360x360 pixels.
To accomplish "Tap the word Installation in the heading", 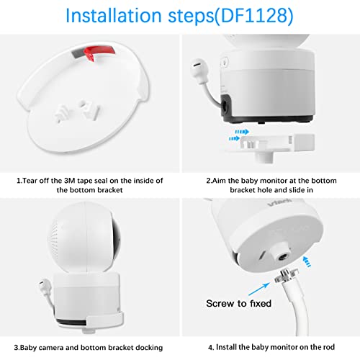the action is pyautogui.click(x=114, y=16).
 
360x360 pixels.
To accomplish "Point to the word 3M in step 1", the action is pyautogui.click(x=70, y=181).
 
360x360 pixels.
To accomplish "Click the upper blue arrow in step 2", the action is pyautogui.click(x=242, y=132).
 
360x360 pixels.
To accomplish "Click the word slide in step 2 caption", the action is pyautogui.click(x=295, y=190).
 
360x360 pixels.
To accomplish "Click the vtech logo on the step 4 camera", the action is pyautogui.click(x=280, y=202).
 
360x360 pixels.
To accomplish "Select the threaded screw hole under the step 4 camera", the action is pyautogui.click(x=282, y=258).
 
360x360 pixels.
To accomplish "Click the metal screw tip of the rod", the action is pyautogui.click(x=287, y=275).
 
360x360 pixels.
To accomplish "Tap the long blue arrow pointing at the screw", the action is pyautogui.click(x=259, y=289).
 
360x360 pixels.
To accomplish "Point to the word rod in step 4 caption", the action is pyautogui.click(x=329, y=347).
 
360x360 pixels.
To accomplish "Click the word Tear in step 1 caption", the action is pyautogui.click(x=30, y=181).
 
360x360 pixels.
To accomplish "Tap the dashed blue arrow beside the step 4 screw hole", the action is pyautogui.click(x=307, y=262).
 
